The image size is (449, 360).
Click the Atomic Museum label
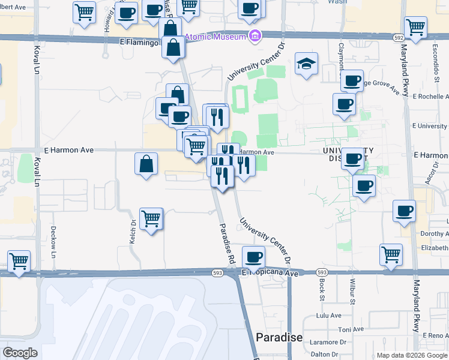point(215,37)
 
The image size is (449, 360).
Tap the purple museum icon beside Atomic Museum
point(255,36)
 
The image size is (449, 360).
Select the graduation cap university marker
point(306,64)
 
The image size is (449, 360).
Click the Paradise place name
point(279,337)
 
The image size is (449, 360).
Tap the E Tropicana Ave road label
point(270,273)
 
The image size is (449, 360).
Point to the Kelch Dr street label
point(133,230)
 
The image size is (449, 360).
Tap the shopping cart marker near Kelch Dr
point(151,218)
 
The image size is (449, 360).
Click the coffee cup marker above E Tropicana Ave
point(253,256)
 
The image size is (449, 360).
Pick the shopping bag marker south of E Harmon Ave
point(146,163)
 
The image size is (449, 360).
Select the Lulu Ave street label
point(328,315)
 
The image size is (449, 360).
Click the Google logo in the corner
point(20,353)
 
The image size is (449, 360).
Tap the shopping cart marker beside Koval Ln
point(19,262)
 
